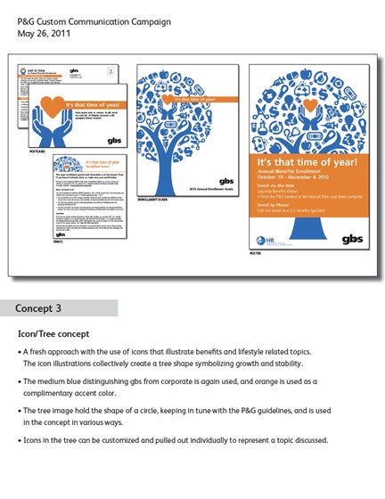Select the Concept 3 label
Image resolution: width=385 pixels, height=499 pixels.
click(x=38, y=308)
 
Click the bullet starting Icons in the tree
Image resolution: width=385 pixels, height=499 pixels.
click(x=178, y=440)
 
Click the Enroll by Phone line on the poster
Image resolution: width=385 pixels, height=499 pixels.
click(x=275, y=207)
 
